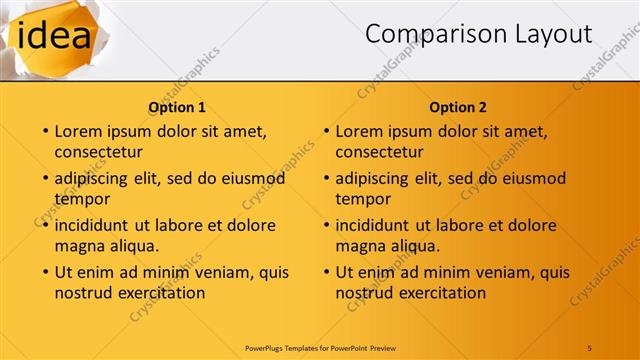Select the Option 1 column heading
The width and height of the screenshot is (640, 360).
click(x=177, y=107)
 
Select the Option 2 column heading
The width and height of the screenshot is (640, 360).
click(x=458, y=107)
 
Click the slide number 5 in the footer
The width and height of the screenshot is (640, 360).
click(x=589, y=347)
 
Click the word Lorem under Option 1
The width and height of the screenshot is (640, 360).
click(x=78, y=131)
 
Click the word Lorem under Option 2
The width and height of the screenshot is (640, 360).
click(x=359, y=131)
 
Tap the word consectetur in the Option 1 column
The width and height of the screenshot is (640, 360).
click(x=98, y=152)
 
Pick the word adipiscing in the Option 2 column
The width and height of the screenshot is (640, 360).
click(x=373, y=179)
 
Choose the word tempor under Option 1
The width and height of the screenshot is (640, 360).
click(x=81, y=200)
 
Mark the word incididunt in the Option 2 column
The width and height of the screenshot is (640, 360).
click(x=373, y=226)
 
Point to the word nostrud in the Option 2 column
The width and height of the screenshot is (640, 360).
click(x=363, y=293)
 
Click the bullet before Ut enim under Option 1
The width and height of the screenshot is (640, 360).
click(x=44, y=272)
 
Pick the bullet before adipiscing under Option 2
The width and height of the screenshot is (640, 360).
click(x=325, y=179)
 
